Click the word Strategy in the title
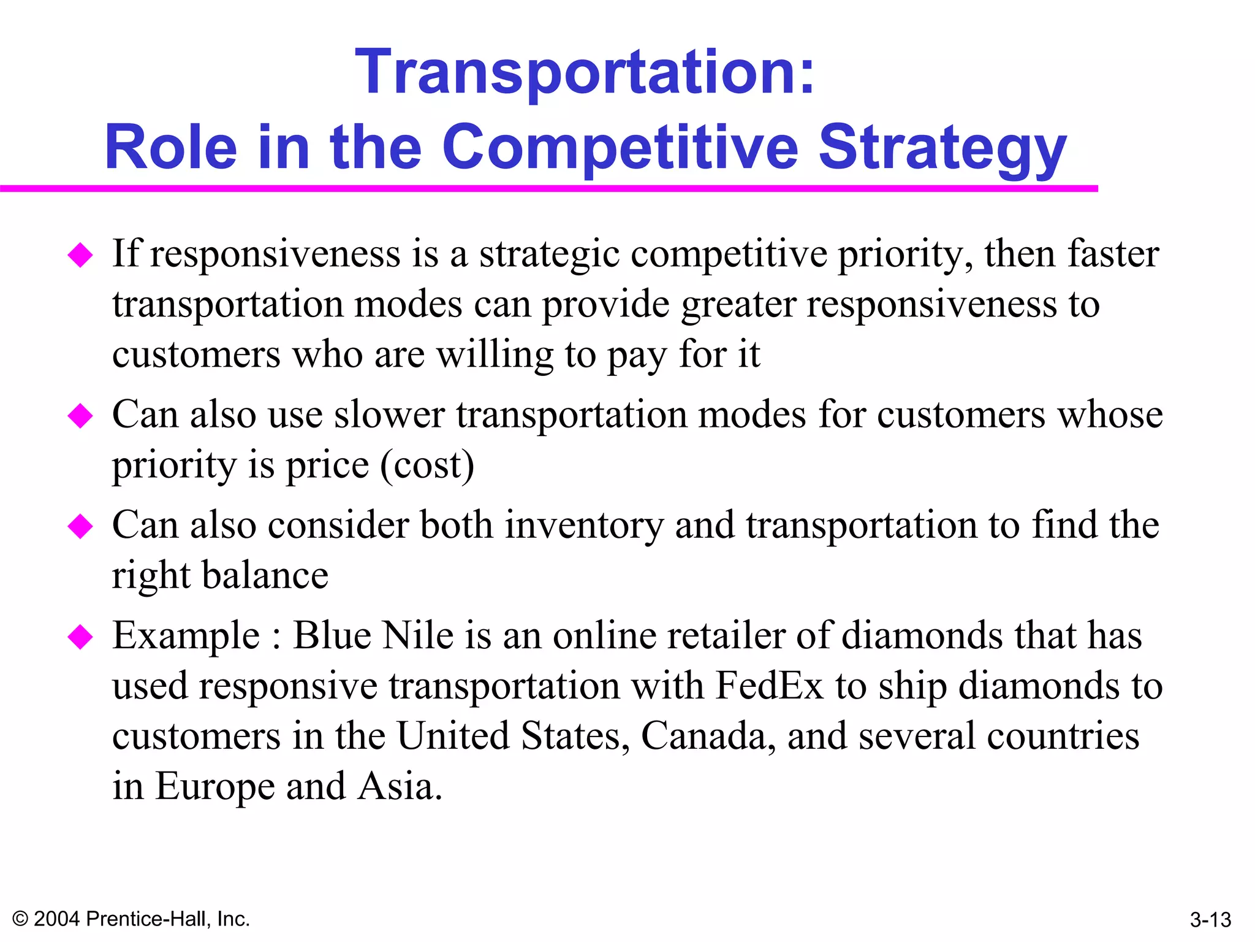pos(942,148)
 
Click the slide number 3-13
pos(1210,919)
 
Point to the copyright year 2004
pos(56,919)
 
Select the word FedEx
pos(769,686)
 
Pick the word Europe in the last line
pos(214,787)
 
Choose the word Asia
pos(399,786)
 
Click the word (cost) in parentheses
pos(427,465)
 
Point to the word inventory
pos(585,526)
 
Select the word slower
pos(389,415)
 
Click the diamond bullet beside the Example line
pos(80,637)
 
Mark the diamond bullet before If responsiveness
pos(80,255)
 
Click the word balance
pos(265,576)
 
